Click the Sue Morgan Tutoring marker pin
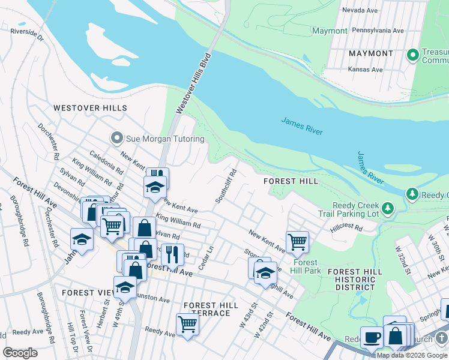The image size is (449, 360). tap(116, 139)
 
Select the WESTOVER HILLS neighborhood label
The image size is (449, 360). tap(90, 108)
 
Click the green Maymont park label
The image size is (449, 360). tap(330, 31)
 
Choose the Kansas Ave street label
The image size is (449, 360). tap(366, 70)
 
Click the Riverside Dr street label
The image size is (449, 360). tap(27, 34)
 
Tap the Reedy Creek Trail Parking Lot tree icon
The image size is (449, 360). tap(388, 208)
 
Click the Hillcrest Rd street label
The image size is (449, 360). tap(346, 228)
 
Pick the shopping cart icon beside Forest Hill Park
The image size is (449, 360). tap(297, 242)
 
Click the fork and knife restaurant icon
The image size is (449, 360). tap(173, 255)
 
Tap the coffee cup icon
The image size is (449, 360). tap(372, 337)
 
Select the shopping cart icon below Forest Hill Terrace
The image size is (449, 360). tap(188, 325)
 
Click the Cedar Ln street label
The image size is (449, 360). tap(206, 257)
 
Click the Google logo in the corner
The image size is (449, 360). tap(20, 353)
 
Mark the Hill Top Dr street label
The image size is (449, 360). tap(71, 338)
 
